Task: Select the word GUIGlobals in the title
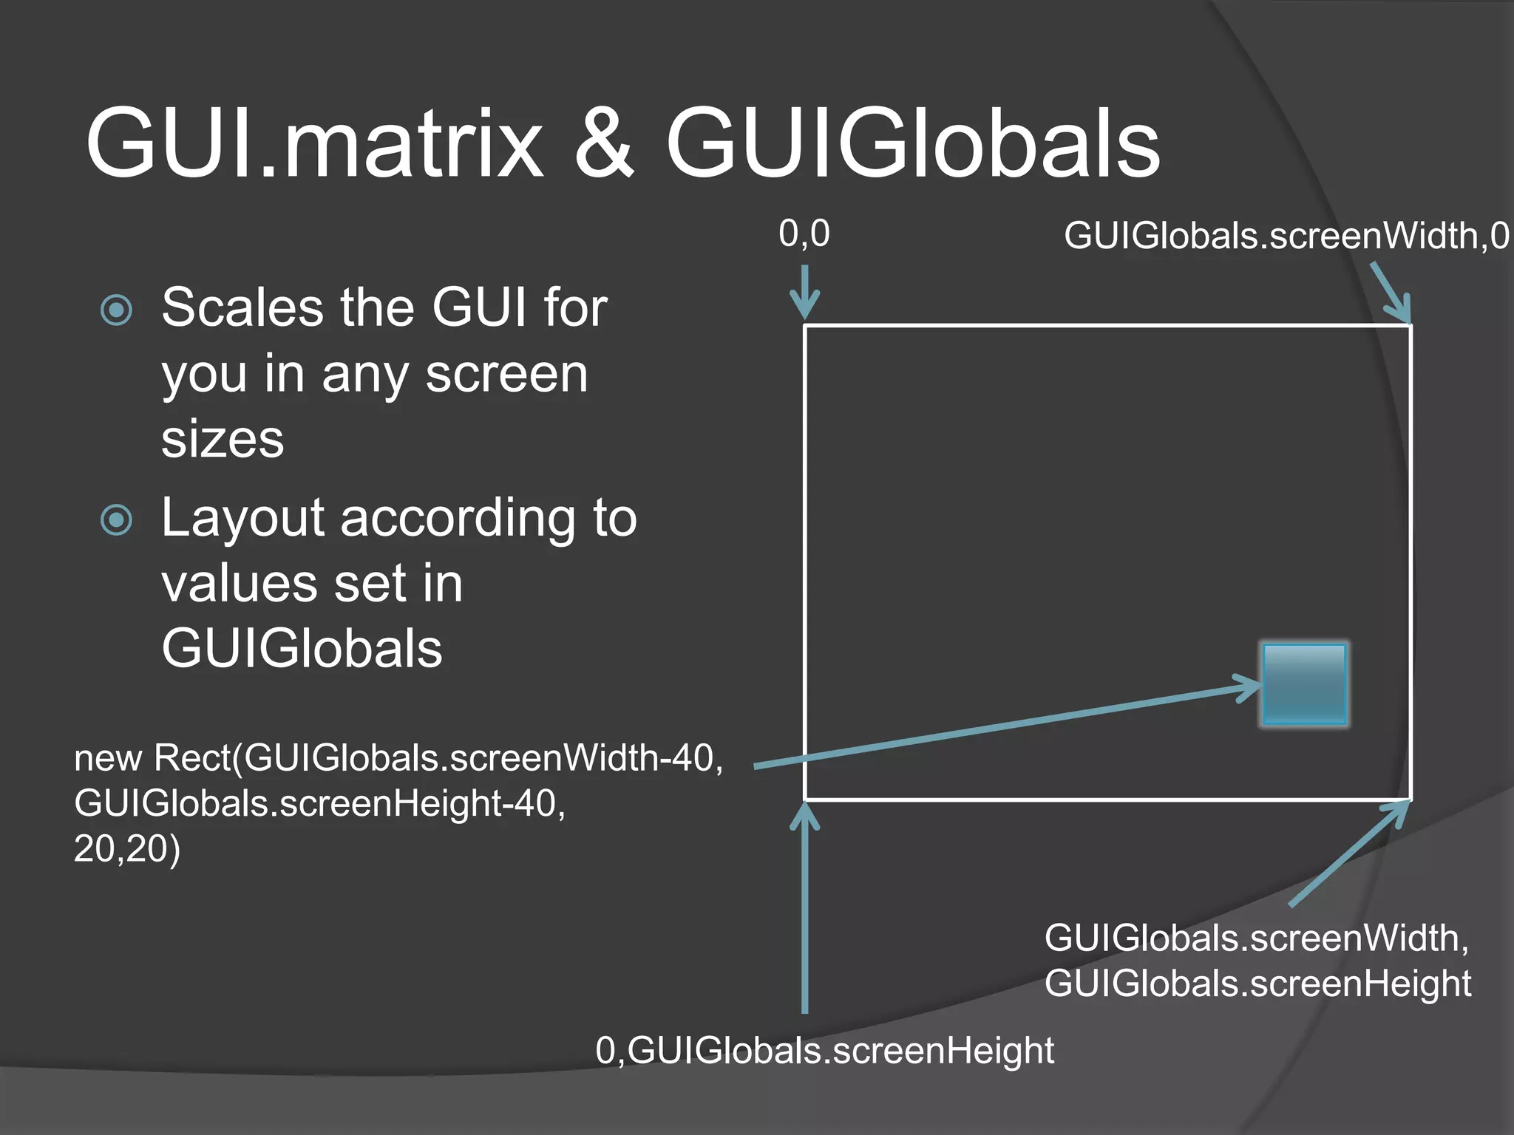pos(913,144)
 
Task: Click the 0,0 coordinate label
pos(804,234)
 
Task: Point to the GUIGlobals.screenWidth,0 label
pos(1286,236)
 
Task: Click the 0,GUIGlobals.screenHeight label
pos(824,1050)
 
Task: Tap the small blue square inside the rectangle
pos(1305,684)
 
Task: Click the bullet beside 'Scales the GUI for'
pos(117,310)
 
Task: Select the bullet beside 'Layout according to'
pos(117,519)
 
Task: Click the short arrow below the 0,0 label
pos(804,291)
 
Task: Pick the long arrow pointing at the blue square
pos(1005,728)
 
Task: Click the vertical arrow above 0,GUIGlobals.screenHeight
pos(804,909)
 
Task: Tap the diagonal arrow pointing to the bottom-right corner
pos(1349,853)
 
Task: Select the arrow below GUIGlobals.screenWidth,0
pos(1391,293)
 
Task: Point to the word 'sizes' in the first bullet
pos(223,439)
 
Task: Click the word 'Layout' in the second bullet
pos(242,519)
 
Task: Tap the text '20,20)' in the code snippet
pos(127,848)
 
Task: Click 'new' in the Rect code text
pos(108,759)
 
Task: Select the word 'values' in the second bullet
pos(238,584)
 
